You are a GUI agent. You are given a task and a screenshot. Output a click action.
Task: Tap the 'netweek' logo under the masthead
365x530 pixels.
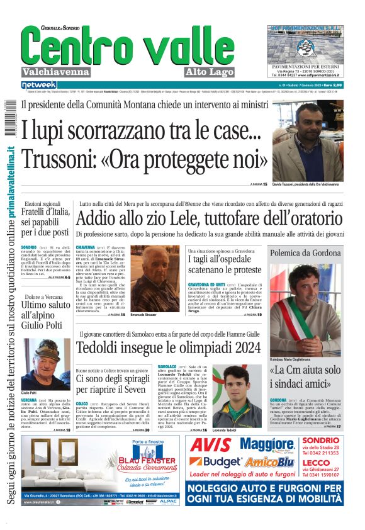click(x=38, y=84)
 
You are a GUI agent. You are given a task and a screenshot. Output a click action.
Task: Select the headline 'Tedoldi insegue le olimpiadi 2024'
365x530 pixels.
click(x=168, y=347)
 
